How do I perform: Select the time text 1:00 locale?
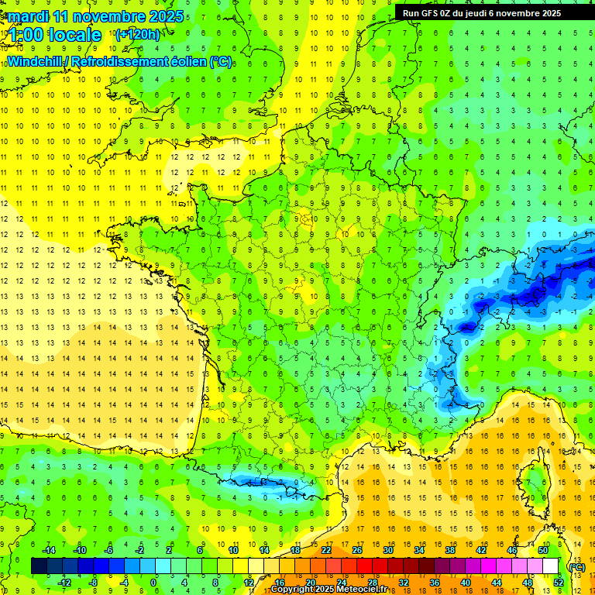tap(55, 35)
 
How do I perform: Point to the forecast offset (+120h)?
tap(137, 35)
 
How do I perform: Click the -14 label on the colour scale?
tap(48, 550)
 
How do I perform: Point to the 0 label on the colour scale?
tap(153, 583)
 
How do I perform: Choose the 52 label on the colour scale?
tap(559, 583)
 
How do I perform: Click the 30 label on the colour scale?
tap(388, 550)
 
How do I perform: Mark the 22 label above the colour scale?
tap(326, 550)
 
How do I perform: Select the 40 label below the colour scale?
tap(466, 583)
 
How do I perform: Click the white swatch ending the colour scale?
tap(551, 566)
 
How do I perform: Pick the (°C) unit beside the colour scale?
tap(576, 566)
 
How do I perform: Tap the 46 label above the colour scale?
tap(512, 550)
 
